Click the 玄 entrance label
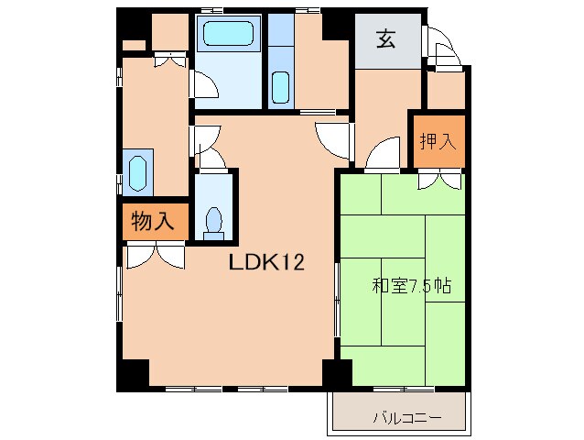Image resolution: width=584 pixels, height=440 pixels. click(385, 39)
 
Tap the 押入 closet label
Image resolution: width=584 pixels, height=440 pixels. click(436, 142)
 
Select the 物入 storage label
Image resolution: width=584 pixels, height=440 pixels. click(153, 221)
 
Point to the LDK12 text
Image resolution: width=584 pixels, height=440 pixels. click(266, 263)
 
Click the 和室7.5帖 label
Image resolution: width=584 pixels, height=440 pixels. click(411, 286)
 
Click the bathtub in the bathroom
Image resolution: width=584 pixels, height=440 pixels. click(229, 35)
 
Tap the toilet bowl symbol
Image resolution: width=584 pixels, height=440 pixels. click(214, 220)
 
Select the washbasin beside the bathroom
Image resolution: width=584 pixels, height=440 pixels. click(280, 88)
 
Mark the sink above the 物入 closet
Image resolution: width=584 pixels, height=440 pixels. click(138, 172)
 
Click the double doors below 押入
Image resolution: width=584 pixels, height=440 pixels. click(437, 181)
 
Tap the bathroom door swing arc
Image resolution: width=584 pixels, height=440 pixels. click(205, 87)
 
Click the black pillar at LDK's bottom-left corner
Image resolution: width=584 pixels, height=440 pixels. click(133, 373)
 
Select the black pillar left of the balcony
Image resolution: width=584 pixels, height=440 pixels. click(336, 373)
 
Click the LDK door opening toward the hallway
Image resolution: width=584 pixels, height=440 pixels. click(330, 139)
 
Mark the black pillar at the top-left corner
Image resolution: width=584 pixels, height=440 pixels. click(133, 26)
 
